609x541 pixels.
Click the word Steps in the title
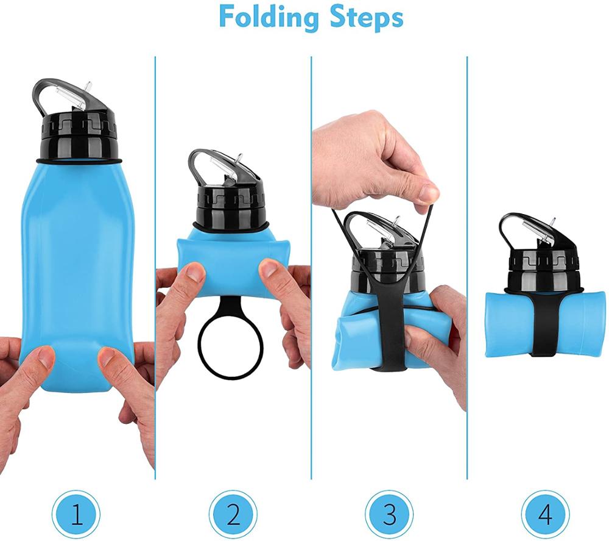click(x=365, y=17)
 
